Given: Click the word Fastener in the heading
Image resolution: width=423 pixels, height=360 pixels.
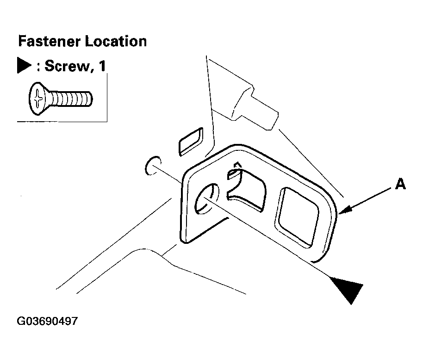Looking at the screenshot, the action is click(x=50, y=42).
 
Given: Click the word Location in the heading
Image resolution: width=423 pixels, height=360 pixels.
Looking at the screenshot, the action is click(x=116, y=42).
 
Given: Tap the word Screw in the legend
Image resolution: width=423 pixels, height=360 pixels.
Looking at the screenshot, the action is click(x=67, y=66).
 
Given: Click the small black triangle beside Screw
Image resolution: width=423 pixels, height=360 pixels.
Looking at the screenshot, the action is click(x=24, y=65).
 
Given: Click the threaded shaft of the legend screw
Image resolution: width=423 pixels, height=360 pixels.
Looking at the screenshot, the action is click(x=71, y=99).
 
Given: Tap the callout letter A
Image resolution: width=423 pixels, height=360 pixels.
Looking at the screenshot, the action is click(x=400, y=185).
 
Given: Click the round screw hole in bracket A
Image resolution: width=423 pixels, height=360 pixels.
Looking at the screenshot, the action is click(x=207, y=199).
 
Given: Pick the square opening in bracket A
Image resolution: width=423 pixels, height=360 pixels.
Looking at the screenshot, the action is click(x=297, y=217).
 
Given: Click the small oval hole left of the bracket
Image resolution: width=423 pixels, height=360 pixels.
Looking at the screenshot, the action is click(x=153, y=165).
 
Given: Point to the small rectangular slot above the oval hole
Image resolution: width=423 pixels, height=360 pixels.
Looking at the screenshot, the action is click(x=191, y=142).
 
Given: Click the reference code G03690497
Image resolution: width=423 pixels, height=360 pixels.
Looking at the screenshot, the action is click(x=47, y=321).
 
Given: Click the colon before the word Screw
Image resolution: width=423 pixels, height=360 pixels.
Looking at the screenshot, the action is click(x=38, y=67).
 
